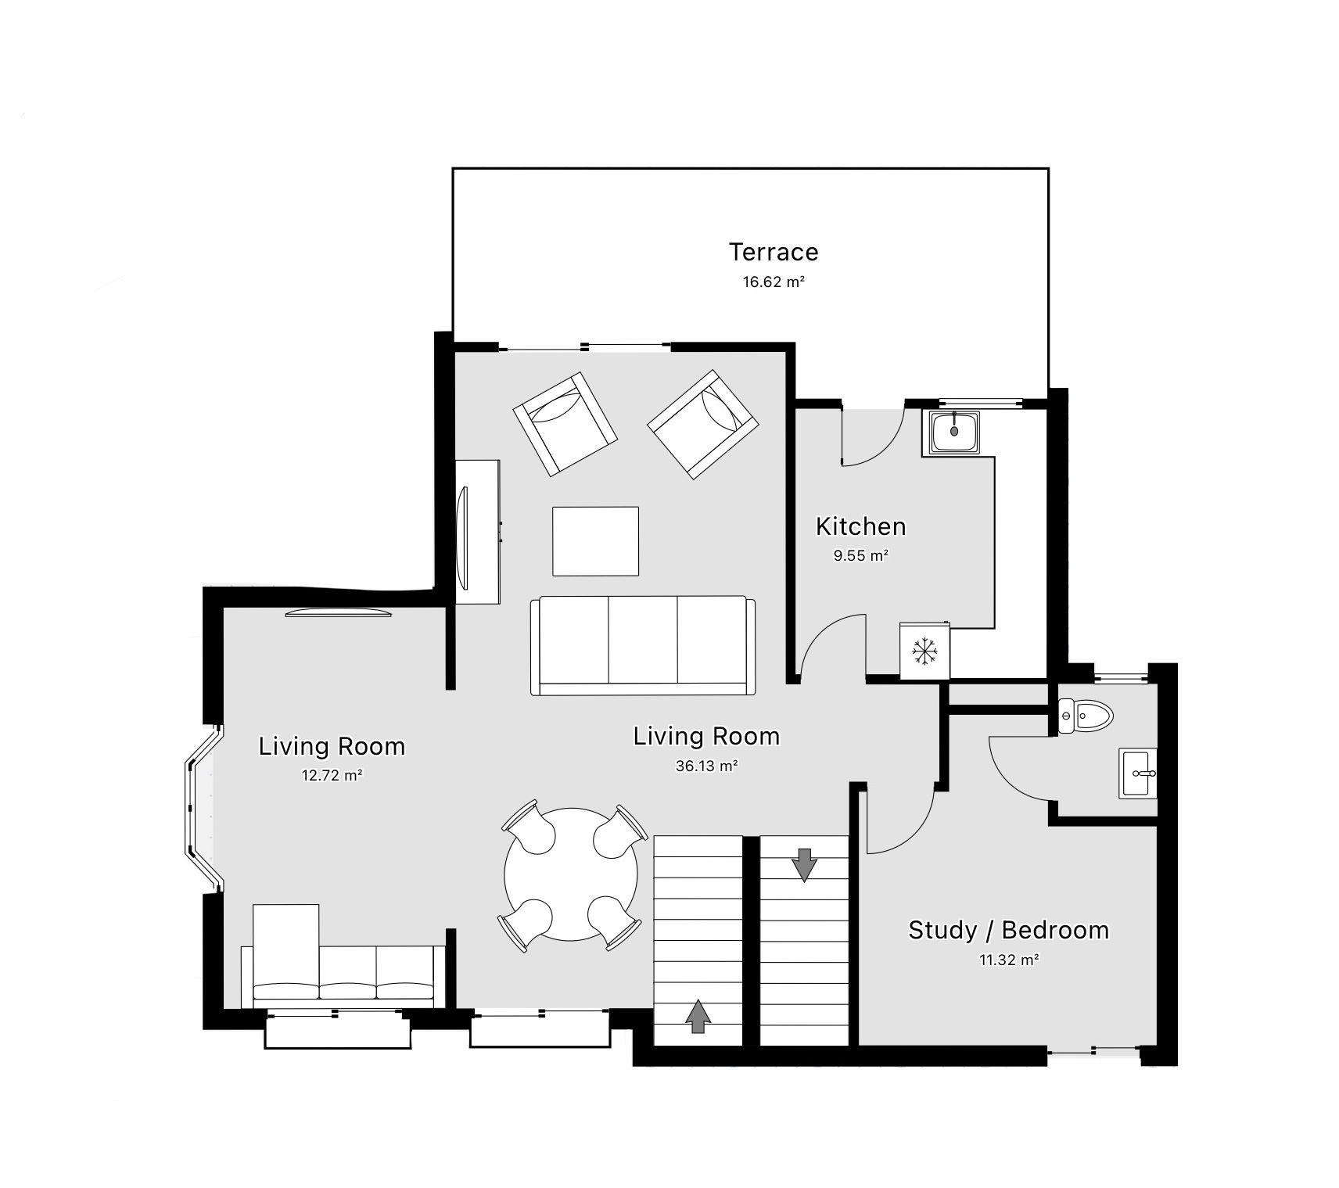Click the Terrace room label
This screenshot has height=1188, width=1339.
pos(773,252)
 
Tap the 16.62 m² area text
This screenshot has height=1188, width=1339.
pos(773,282)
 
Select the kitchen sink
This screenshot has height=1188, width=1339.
pos(954,432)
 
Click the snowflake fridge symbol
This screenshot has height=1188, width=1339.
pos(924,651)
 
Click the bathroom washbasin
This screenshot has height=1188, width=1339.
pos(1138,773)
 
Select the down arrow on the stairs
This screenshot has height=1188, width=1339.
pos(804,864)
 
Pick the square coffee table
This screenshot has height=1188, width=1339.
pos(595,541)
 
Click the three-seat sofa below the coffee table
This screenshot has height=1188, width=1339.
pos(642,645)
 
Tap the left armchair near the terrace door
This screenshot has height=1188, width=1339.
pos(565,424)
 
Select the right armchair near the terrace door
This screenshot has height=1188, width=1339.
pos(702,424)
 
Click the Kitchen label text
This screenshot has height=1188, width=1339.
pos(860,526)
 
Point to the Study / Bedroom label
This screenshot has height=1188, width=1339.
pos(1008,930)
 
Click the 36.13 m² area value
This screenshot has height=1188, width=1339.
pos(706,766)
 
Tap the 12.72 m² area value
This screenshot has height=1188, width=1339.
pos(332,776)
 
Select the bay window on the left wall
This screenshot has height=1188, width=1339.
pos(199,807)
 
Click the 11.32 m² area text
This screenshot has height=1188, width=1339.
pos(1008,960)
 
